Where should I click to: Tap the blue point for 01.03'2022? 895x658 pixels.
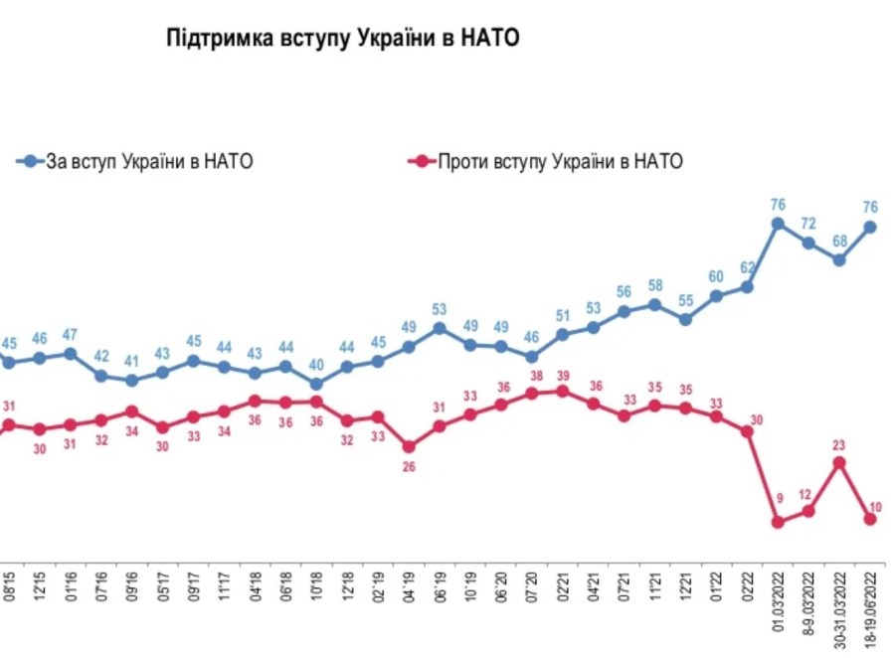point(778,224)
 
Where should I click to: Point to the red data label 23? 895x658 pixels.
point(839,445)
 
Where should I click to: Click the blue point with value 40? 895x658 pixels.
point(316,384)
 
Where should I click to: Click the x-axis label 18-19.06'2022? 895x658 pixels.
point(871,605)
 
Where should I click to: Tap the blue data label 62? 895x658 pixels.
point(748,266)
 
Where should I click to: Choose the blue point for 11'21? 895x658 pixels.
point(654,304)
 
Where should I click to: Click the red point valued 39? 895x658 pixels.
point(563,391)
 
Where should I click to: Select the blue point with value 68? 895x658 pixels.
point(839,260)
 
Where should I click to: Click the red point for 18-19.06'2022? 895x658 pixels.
point(871,519)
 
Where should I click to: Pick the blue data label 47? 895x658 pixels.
point(70,335)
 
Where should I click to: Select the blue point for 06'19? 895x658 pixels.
point(440,327)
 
